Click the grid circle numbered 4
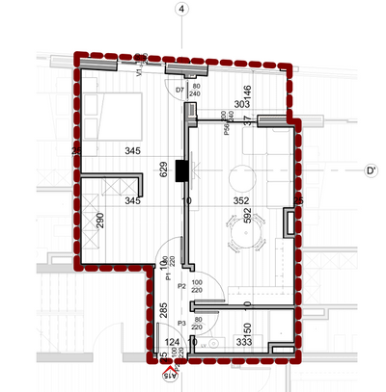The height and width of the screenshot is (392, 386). point(179,10)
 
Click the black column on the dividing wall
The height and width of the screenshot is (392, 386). point(180,169)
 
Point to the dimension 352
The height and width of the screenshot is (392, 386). point(241,201)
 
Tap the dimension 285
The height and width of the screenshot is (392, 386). point(163,311)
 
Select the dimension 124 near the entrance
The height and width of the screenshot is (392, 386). point(172,342)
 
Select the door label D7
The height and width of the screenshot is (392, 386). point(179,90)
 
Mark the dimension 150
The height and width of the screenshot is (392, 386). point(246,329)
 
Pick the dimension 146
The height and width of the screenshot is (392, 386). point(247,93)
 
